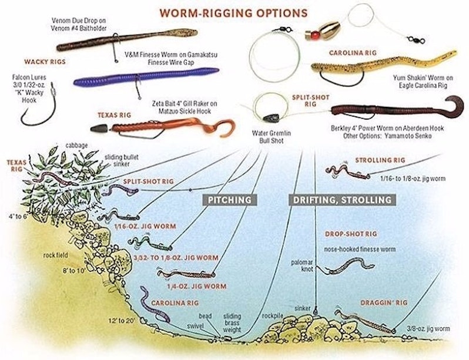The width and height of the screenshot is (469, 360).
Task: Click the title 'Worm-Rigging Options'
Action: [233, 13]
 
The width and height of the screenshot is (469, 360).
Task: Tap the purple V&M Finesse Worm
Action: [146, 77]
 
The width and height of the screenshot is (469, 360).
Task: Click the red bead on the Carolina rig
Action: [314, 36]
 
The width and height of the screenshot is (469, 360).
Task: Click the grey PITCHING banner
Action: [230, 200]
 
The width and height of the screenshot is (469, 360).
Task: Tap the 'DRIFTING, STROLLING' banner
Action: [342, 200]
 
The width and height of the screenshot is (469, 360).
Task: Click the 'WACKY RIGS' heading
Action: [45, 62]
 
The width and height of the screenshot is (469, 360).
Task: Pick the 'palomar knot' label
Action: [302, 266]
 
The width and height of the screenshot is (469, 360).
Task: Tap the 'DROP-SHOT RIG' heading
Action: [351, 234]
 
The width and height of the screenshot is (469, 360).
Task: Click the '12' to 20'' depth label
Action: [122, 321]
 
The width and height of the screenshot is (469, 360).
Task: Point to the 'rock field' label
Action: [56, 255]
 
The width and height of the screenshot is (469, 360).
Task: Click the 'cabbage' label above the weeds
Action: [76, 145]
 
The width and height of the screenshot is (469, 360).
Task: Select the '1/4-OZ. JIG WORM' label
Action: [196, 287]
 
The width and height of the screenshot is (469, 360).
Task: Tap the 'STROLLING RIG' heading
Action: [380, 160]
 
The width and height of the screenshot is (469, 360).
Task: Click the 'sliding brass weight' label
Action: [232, 323]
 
